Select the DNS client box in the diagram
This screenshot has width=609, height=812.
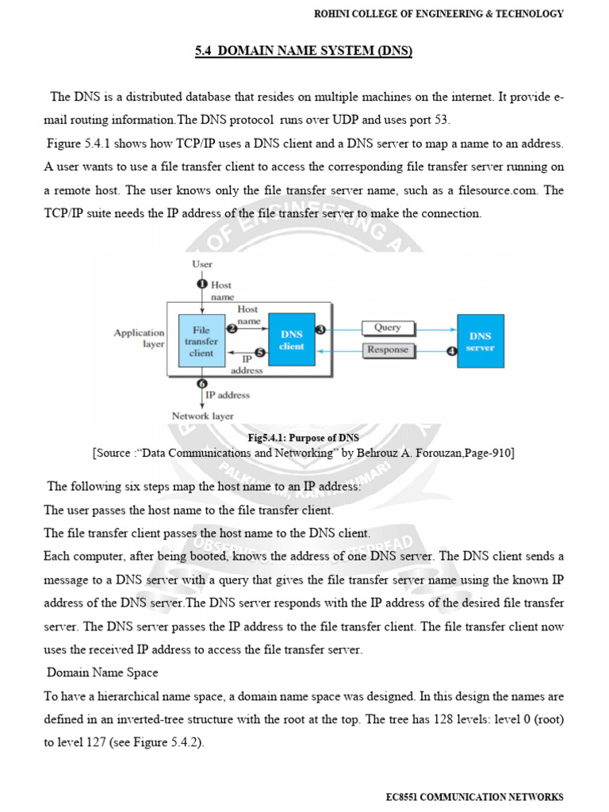(x=291, y=340)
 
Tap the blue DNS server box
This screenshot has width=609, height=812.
(x=481, y=342)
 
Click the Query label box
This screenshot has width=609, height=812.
(x=388, y=327)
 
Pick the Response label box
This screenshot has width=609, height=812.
(x=388, y=350)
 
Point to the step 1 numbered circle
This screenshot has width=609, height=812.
(x=202, y=284)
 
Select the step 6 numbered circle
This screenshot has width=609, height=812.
(x=202, y=385)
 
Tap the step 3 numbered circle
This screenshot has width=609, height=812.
(x=320, y=329)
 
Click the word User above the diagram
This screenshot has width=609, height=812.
(x=202, y=263)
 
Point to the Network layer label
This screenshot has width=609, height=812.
(x=202, y=416)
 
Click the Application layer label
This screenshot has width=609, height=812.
(x=140, y=339)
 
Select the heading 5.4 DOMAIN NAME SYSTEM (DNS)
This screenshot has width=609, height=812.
(x=304, y=52)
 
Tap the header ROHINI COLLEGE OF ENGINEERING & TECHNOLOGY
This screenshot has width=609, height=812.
(x=439, y=13)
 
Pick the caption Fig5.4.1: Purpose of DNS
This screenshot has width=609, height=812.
(x=304, y=438)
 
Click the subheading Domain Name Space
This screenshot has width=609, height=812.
(x=102, y=672)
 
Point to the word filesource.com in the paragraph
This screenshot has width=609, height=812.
(x=485, y=191)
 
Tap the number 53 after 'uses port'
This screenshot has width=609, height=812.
(x=442, y=120)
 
